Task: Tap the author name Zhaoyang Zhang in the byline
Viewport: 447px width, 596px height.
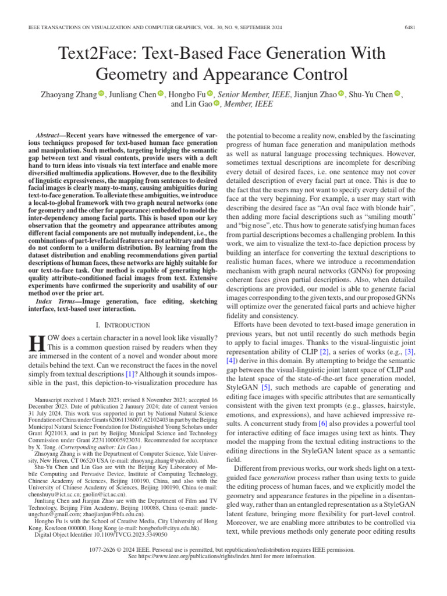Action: (x=68, y=94)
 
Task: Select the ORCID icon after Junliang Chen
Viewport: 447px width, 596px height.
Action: (x=161, y=94)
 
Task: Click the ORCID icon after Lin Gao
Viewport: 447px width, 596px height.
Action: (x=217, y=104)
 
